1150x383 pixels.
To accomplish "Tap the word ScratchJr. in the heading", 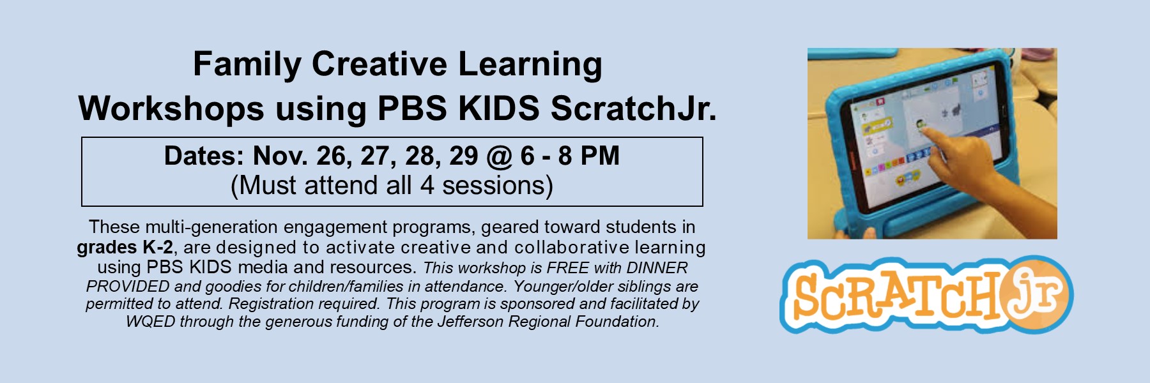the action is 634,108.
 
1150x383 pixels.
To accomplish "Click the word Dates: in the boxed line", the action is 204,156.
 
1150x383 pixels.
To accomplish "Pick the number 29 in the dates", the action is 463,156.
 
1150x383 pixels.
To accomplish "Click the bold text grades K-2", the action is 125,248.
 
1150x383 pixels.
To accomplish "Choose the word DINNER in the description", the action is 657,267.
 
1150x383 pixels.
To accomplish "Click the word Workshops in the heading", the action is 171,109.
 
